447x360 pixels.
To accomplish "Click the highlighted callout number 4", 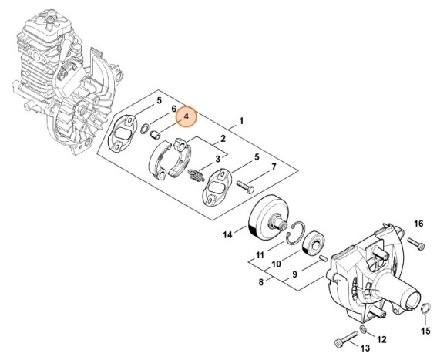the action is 186,116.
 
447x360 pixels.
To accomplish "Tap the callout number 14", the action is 227,234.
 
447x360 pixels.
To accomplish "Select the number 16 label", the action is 418,224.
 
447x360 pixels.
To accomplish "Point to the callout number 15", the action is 425,331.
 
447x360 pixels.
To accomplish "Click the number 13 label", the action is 365,348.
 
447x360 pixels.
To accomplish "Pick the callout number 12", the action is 381,339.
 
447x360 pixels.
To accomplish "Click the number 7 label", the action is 274,167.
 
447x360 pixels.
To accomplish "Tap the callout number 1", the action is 241,121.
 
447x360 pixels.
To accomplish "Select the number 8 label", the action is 261,282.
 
